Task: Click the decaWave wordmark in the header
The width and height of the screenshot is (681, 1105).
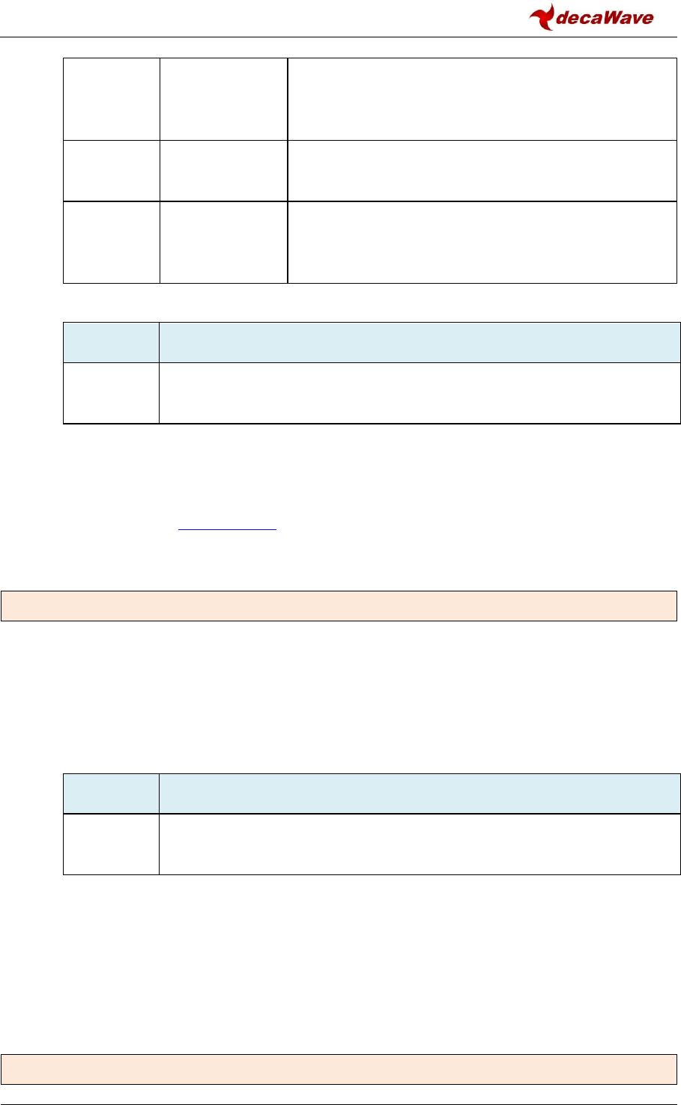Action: point(605,18)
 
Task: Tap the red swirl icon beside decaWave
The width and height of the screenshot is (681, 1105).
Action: point(542,16)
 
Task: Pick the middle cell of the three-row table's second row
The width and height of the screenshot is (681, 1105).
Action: point(223,171)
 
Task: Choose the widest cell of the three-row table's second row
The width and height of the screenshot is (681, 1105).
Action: point(482,171)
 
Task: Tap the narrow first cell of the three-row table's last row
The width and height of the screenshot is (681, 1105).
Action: point(111,243)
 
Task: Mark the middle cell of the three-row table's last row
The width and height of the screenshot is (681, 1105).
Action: point(223,243)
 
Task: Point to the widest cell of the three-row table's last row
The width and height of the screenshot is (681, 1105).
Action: point(482,243)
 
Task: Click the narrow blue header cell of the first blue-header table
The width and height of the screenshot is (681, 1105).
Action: point(111,343)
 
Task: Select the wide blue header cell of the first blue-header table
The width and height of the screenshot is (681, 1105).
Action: point(420,343)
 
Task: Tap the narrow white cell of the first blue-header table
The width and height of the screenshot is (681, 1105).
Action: point(111,394)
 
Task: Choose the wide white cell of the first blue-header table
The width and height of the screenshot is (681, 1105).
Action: point(420,394)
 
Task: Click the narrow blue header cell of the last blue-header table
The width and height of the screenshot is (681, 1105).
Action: point(111,794)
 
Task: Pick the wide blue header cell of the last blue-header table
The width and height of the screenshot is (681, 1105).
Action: point(420,794)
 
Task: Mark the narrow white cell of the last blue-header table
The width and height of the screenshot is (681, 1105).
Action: point(111,844)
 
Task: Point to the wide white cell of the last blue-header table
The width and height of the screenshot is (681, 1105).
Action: point(420,844)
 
